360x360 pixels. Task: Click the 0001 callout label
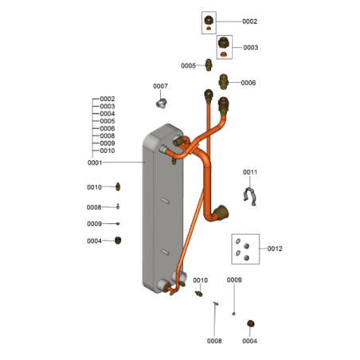point(95,162)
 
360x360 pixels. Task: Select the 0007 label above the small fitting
point(160,86)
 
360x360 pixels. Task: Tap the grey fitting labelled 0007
point(162,103)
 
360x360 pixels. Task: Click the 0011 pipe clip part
point(250,197)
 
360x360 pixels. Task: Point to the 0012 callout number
point(275,248)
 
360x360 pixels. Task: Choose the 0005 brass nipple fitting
point(209,65)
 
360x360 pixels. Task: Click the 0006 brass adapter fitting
point(224,82)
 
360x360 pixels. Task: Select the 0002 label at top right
point(250,22)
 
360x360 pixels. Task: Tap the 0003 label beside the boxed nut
point(251,48)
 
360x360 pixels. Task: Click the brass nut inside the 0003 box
point(224,42)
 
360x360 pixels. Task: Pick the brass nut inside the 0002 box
point(209,20)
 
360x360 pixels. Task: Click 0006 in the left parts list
point(108,128)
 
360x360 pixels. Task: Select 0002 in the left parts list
point(108,99)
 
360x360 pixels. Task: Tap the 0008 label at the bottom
point(214,341)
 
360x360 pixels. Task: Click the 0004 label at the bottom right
point(249,341)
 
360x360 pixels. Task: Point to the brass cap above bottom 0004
point(251,323)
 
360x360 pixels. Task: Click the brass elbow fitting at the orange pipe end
point(221,213)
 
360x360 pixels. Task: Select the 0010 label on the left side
point(94,187)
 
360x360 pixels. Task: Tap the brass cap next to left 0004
point(118,241)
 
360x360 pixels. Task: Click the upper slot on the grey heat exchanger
point(166,201)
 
